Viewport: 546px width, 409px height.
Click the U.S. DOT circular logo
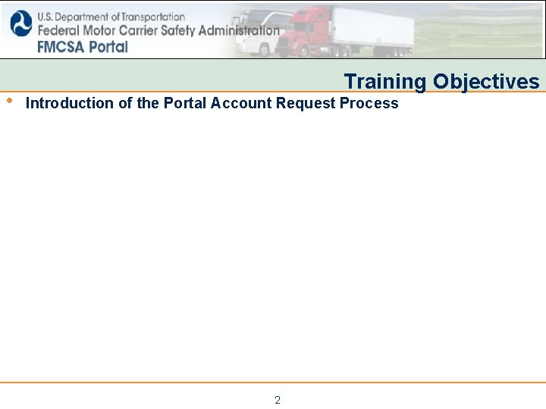click(x=21, y=24)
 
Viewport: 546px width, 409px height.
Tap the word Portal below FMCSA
click(x=107, y=46)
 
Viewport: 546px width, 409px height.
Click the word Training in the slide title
click(x=385, y=82)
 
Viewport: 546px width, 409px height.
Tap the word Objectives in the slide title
click(x=486, y=82)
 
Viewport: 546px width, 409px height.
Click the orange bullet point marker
click(x=8, y=100)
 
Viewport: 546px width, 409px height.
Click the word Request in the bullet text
click(x=306, y=104)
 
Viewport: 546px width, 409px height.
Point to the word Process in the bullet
click(x=369, y=104)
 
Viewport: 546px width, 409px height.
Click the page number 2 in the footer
click(x=278, y=400)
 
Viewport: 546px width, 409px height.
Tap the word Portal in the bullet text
click(x=186, y=104)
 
